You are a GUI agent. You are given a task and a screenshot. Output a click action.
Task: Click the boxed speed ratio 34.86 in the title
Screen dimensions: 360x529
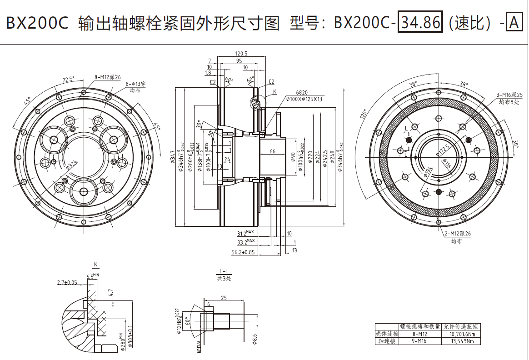point(419,22)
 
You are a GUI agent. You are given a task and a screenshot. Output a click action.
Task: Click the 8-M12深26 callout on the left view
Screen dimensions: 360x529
point(108,77)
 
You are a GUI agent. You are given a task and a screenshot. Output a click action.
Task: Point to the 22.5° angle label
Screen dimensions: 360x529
point(68,80)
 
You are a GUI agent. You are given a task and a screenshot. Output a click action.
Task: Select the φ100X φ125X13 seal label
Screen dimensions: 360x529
point(304,99)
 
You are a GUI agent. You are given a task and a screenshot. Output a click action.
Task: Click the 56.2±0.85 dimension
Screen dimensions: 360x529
point(243,252)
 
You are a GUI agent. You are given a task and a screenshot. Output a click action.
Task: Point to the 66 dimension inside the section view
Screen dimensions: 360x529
point(272,151)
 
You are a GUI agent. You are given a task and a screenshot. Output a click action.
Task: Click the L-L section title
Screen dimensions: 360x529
point(223,271)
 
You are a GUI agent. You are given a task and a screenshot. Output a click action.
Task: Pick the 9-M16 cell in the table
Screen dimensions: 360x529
point(419,341)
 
